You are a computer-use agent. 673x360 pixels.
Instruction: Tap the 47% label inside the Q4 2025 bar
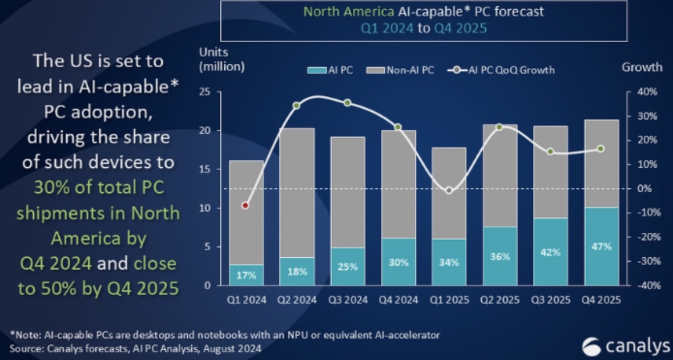[602, 246]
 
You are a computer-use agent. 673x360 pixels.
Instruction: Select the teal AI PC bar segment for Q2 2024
[297, 271]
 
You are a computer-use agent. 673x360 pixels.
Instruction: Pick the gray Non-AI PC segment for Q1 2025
[449, 193]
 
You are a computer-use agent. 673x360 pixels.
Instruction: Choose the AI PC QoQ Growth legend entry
[502, 70]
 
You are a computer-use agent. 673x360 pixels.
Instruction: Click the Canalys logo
[626, 346]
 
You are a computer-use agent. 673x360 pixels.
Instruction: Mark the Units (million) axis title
[221, 59]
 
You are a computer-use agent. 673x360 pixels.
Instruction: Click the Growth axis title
[642, 67]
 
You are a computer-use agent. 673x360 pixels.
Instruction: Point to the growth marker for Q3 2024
[347, 103]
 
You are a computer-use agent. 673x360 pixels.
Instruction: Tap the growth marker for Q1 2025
[449, 191]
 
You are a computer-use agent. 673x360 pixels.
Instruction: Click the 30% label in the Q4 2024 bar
[398, 262]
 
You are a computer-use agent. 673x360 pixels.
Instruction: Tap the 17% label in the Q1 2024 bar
[246, 274]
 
